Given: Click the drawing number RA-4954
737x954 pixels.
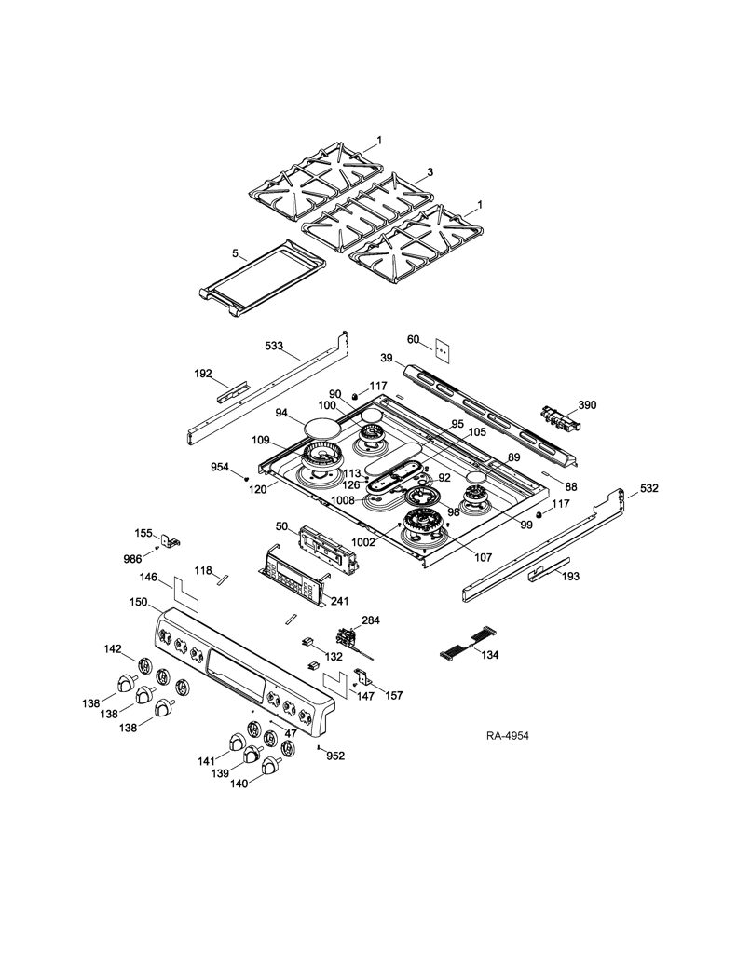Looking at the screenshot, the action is tap(508, 736).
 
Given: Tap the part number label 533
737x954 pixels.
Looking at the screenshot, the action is tap(274, 345).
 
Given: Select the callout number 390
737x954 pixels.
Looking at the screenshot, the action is tap(587, 404).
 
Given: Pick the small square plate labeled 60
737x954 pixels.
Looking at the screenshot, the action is tap(443, 351).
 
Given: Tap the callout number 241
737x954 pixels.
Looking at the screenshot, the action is tap(340, 601).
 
